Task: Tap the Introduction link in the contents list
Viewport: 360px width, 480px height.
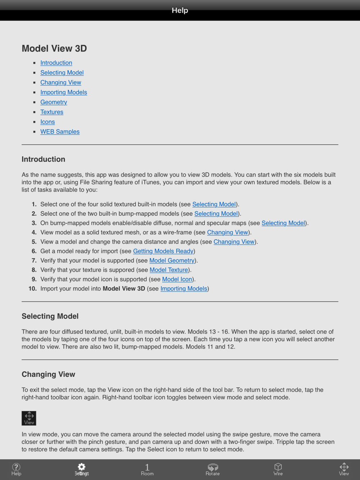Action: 56,63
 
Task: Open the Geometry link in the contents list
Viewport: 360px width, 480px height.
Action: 54,102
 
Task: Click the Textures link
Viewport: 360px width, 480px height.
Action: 52,112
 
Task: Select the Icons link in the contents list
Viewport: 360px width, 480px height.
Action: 48,122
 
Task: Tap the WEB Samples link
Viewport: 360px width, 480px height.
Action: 60,132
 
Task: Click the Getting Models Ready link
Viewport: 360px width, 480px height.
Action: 163,251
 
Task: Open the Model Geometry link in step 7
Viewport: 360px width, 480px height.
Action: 172,261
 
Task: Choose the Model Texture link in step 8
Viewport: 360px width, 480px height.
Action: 169,270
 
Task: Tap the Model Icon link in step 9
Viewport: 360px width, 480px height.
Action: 177,279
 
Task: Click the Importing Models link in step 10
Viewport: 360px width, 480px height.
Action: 184,289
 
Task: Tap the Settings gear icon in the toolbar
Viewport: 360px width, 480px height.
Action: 82,468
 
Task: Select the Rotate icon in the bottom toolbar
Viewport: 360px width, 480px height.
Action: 213,468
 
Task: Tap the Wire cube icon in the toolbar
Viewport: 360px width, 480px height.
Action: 278,468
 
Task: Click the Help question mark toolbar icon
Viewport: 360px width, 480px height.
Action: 16,468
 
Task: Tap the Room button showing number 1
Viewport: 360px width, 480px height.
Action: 147,468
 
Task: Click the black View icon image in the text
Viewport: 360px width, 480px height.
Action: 29,418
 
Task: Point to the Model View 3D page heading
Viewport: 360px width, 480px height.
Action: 54,49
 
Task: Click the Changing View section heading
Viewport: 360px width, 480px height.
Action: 48,374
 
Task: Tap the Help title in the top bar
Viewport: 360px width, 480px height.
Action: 180,10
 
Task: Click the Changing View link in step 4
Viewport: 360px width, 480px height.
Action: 228,232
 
